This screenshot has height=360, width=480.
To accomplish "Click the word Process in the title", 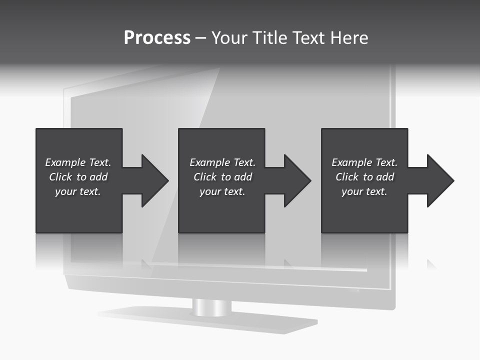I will (157, 38).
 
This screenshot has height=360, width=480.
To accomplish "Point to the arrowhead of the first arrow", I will (155, 180).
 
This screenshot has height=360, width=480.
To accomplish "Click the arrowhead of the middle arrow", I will (297, 180).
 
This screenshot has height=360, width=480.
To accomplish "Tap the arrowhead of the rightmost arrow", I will (440, 180).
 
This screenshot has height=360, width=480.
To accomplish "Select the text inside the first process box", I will (78, 177).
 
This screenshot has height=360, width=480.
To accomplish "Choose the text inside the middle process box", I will (222, 177).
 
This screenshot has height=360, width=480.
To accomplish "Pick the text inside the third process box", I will (364, 177).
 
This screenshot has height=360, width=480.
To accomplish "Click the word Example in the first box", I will (65, 162).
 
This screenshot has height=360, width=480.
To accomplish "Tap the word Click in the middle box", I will (205, 177).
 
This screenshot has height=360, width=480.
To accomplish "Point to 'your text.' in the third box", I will (364, 191).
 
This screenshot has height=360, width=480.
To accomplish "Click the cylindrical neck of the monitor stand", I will (211, 307).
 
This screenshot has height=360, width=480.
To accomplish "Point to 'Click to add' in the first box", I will (78, 177).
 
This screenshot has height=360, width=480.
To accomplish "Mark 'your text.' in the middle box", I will (222, 191).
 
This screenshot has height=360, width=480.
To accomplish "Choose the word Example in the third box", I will (352, 162).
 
